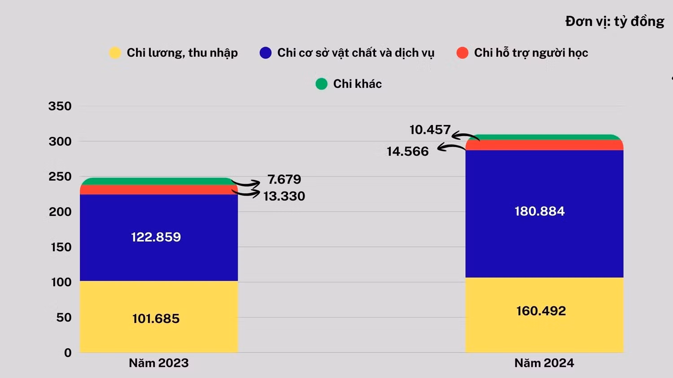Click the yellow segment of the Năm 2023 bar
click(159, 317)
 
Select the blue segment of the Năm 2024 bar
click(544, 214)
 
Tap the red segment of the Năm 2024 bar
click(544, 145)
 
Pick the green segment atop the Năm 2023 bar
click(159, 181)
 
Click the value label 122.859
click(156, 237)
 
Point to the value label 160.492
click(541, 311)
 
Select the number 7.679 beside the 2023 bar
click(284, 180)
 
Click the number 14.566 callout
click(407, 151)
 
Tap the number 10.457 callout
click(430, 129)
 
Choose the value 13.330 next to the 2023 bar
click(284, 196)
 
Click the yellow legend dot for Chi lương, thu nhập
click(115, 52)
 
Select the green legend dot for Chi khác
click(321, 84)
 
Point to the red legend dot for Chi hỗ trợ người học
click(462, 52)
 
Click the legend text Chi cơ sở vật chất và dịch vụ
click(356, 53)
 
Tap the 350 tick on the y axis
click(60, 106)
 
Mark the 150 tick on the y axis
click(61, 247)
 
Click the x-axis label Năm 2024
click(544, 363)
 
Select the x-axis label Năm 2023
click(159, 363)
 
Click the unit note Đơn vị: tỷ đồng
click(615, 21)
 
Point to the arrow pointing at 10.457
click(465, 135)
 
